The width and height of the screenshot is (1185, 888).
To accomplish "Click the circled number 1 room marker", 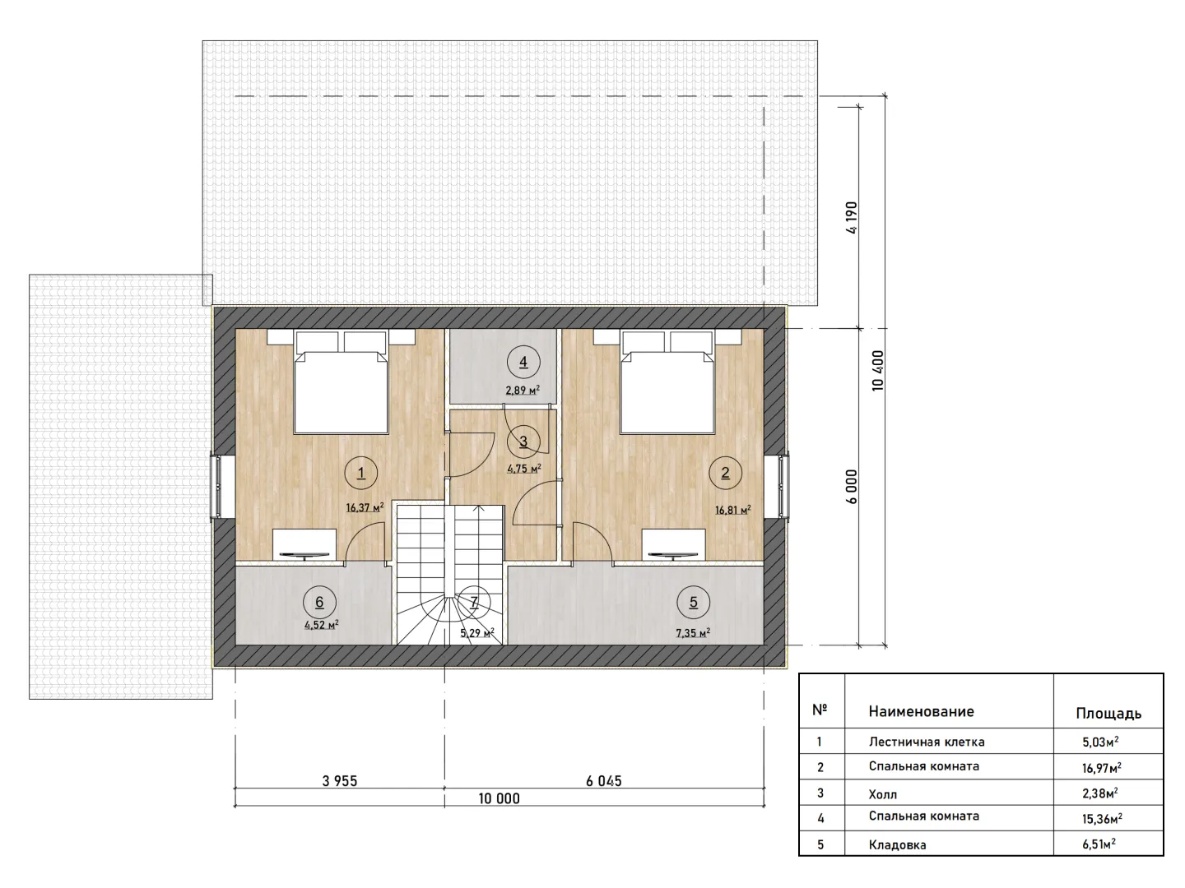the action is [x=360, y=473].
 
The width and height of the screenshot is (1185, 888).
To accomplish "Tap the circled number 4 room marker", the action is [x=523, y=362].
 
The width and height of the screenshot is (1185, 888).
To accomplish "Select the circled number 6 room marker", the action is [x=319, y=602].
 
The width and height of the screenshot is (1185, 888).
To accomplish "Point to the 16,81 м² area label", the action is [x=733, y=510].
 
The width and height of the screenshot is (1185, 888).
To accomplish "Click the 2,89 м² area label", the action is [x=523, y=389].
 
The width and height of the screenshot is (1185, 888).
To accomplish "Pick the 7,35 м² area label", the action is [x=693, y=632].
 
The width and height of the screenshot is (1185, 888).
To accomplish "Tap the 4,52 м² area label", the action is [x=322, y=625].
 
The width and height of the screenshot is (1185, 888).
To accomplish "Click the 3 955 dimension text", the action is [x=340, y=781].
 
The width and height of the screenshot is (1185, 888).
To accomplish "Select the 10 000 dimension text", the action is [x=499, y=798].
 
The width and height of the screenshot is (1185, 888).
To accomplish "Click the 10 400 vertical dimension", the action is [x=878, y=370].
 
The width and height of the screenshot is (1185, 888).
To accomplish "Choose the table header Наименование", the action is [x=921, y=711].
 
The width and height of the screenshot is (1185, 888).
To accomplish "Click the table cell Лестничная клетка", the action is [x=927, y=742].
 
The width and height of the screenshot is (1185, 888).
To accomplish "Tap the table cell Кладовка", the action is [x=897, y=845].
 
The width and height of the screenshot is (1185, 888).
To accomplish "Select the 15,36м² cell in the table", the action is [x=1102, y=819].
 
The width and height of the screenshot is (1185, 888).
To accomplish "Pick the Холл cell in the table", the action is [x=883, y=794].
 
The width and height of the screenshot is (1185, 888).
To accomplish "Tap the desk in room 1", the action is [x=304, y=545].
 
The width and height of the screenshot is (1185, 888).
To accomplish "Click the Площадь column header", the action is [x=1108, y=714].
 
